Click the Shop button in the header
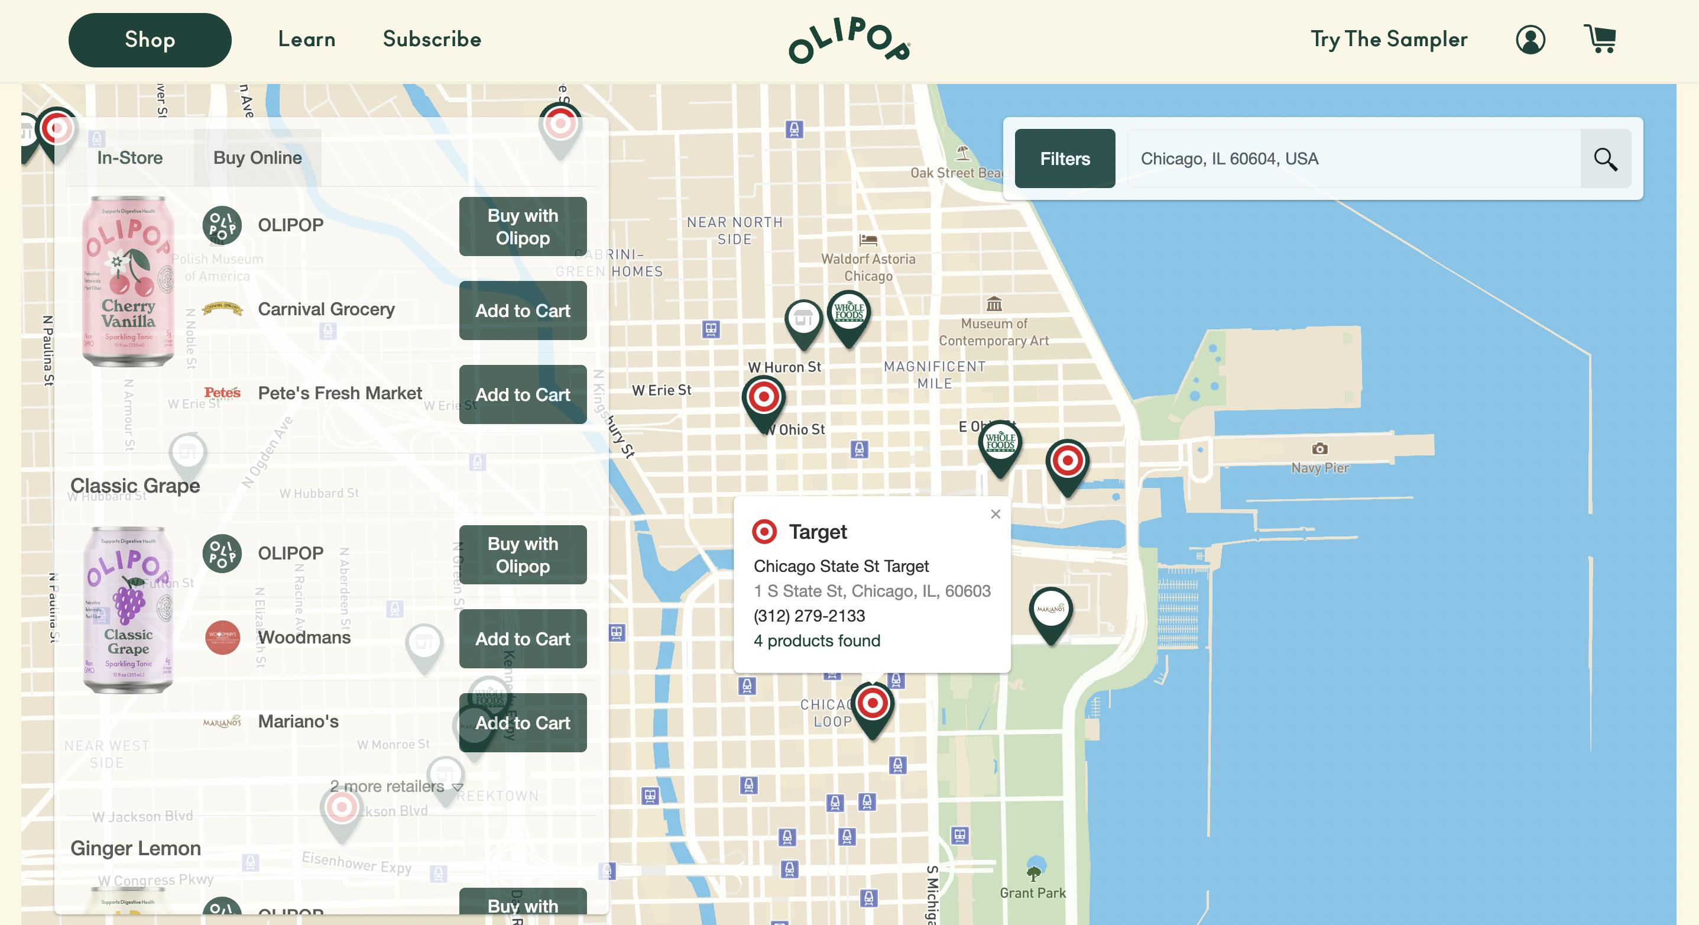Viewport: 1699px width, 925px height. pos(150,40)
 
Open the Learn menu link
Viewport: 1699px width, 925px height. pos(307,40)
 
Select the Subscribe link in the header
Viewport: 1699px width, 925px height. pos(432,40)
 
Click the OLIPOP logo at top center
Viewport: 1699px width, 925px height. pos(849,40)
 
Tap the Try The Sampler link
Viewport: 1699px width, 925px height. pos(1389,40)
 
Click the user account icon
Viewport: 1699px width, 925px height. pos(1530,40)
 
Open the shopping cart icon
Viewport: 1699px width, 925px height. pos(1600,40)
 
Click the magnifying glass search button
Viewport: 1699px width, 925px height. pos(1606,159)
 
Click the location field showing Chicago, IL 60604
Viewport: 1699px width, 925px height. pos(1352,159)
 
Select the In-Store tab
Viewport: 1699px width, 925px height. pos(130,159)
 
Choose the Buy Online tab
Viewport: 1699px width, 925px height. pos(257,159)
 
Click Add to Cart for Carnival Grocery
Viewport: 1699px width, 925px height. pos(523,311)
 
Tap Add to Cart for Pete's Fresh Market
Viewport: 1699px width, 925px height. pos(523,394)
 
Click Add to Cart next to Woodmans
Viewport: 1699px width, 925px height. pos(523,639)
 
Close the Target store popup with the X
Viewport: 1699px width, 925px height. pos(996,514)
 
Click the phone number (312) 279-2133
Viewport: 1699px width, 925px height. pos(809,616)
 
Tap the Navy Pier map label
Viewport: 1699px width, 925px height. pos(1319,468)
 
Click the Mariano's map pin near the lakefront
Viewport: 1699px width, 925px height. pos(1050,611)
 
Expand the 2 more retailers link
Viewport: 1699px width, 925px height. pos(395,787)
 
